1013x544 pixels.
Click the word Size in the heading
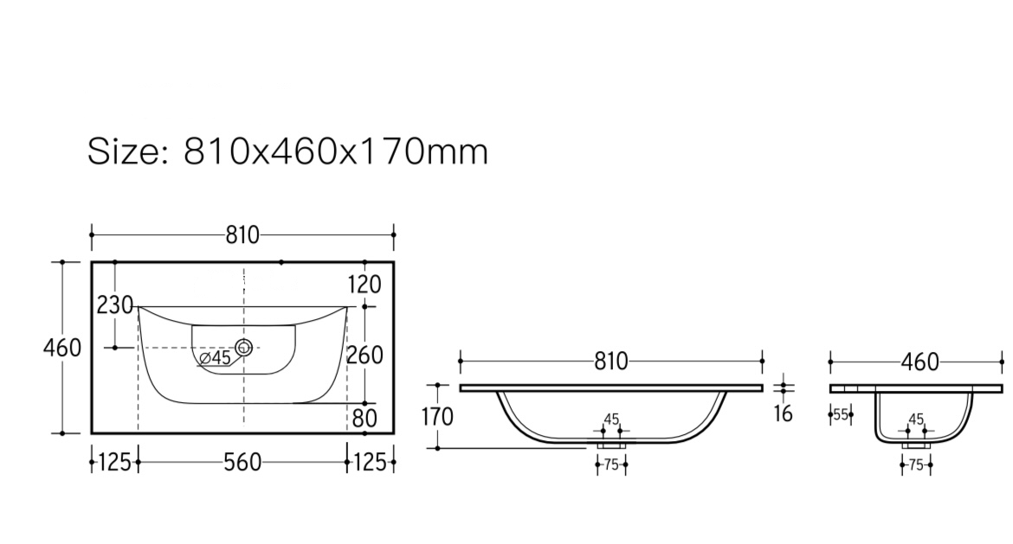point(124,151)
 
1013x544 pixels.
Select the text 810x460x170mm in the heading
point(336,151)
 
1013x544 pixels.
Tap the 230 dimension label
point(115,304)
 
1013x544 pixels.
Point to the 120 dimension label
point(365,284)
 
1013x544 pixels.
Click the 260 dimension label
point(365,355)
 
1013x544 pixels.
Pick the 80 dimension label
point(365,419)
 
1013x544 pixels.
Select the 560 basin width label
point(242,462)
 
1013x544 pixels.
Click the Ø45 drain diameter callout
point(215,357)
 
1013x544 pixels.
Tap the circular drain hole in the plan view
point(243,347)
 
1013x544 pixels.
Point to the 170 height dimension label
point(437,417)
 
